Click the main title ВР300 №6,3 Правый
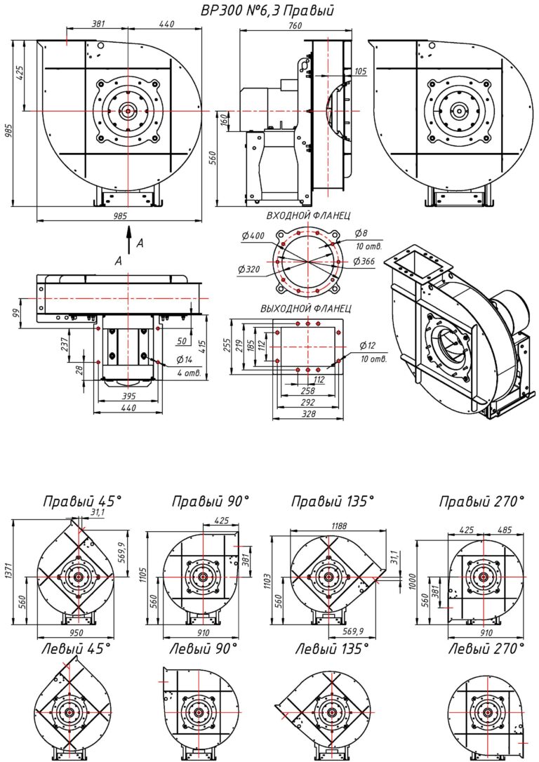pos(267,11)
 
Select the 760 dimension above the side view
pos(295,25)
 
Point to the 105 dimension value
pos(360,72)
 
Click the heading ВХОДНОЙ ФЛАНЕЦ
pos(308,216)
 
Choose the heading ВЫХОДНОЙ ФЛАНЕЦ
pos(306,309)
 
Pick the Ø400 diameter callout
pos(253,236)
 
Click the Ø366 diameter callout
pos(364,262)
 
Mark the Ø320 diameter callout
pos(249,269)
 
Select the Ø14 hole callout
pos(185,360)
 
